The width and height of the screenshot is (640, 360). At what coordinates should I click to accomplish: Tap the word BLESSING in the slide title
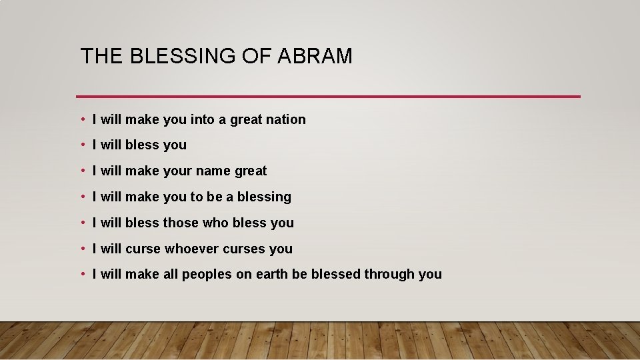point(179,57)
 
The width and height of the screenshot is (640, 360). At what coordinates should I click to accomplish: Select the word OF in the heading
point(253,57)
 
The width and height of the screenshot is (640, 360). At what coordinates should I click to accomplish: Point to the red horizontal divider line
point(328,97)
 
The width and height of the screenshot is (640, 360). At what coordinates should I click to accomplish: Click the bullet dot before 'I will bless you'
point(82,145)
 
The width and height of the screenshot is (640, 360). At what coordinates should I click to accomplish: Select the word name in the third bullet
point(213,171)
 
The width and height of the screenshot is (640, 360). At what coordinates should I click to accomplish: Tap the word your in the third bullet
point(177,171)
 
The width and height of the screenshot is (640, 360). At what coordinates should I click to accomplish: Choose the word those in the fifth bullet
point(180,223)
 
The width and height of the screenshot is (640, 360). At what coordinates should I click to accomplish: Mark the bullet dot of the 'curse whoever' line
point(82,249)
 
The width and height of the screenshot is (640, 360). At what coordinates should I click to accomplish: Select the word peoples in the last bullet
point(207,275)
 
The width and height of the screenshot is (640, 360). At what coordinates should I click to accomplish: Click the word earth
point(273,275)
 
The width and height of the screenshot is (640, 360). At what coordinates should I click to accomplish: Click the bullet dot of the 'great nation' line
point(82,120)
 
